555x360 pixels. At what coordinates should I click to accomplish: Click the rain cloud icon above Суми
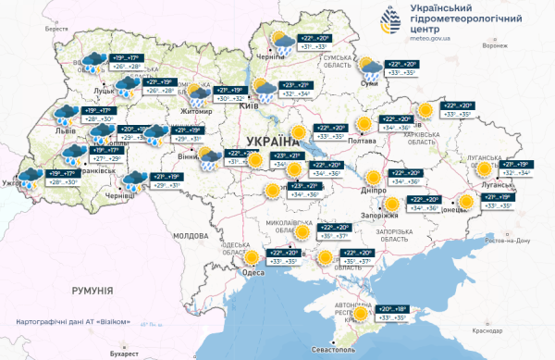click(368, 65)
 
